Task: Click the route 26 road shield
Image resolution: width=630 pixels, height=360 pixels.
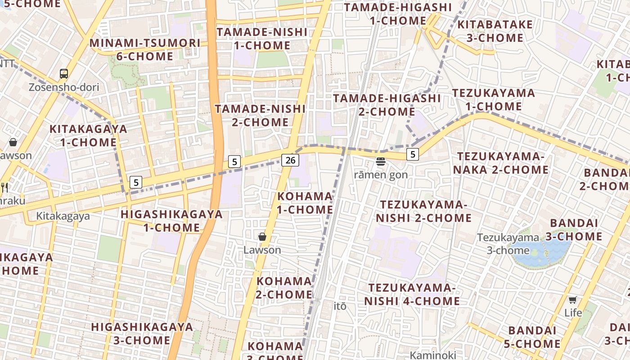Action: [291, 160]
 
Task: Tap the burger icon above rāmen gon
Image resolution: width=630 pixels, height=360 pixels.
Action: [381, 162]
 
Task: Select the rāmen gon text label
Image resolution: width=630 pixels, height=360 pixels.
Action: [381, 175]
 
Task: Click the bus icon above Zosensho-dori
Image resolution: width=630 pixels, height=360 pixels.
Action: [64, 73]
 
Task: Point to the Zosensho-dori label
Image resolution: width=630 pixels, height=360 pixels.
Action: [64, 87]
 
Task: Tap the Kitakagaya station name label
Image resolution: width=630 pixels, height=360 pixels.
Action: [63, 216]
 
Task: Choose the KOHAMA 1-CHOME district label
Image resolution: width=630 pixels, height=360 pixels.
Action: [305, 203]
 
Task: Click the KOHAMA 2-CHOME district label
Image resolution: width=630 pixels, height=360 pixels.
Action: [284, 288]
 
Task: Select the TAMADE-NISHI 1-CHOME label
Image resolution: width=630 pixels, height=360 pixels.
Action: [262, 39]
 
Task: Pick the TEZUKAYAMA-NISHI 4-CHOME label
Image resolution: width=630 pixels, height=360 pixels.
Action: [412, 294]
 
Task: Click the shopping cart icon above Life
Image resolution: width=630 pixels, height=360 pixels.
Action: [572, 300]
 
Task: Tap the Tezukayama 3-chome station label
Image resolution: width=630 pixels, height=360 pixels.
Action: [508, 243]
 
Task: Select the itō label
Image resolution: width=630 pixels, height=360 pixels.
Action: [340, 306]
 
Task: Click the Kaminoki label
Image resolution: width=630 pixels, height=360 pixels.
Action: [433, 355]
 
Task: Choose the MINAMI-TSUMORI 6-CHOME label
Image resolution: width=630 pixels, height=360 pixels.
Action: [145, 49]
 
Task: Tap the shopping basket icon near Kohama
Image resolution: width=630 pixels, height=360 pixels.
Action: [262, 237]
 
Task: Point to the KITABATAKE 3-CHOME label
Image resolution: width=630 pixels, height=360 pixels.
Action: [495, 31]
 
